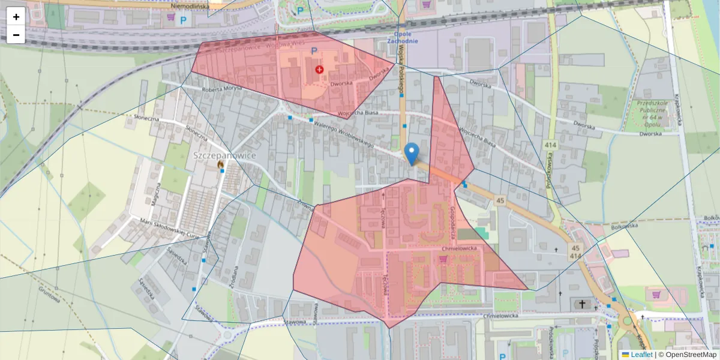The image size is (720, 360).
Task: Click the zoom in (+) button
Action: pyautogui.click(x=16, y=16)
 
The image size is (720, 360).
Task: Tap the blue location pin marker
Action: pyautogui.click(x=411, y=154)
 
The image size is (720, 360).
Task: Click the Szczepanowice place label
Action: pyautogui.click(x=224, y=155)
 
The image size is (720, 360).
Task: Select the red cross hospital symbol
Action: pyautogui.click(x=319, y=70)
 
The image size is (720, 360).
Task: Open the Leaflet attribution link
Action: pyautogui.click(x=641, y=355)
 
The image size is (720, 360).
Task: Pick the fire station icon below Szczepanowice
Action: pyautogui.click(x=221, y=164)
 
